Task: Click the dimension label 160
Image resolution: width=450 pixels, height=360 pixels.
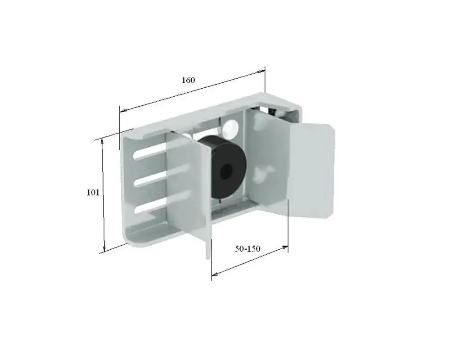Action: [x=188, y=81]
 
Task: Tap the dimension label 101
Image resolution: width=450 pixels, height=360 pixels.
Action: [x=93, y=192]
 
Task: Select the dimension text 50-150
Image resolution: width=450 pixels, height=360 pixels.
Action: [x=247, y=248]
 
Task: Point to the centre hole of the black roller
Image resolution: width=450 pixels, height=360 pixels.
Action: [x=226, y=171]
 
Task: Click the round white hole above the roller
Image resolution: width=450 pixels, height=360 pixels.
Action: [x=231, y=127]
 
